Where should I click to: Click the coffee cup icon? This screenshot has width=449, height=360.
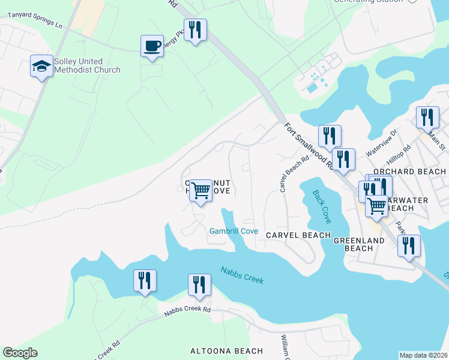(152, 46)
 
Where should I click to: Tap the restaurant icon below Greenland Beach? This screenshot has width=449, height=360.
(409, 246)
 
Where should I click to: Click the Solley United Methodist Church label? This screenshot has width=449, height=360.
(87, 65)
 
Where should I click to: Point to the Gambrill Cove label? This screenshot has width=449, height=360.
(234, 231)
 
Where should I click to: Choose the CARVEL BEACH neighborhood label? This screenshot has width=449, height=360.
(298, 235)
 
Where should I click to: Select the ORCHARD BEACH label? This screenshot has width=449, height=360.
(410, 172)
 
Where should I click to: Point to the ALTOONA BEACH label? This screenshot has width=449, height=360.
(226, 351)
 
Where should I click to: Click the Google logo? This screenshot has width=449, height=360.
(20, 353)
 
